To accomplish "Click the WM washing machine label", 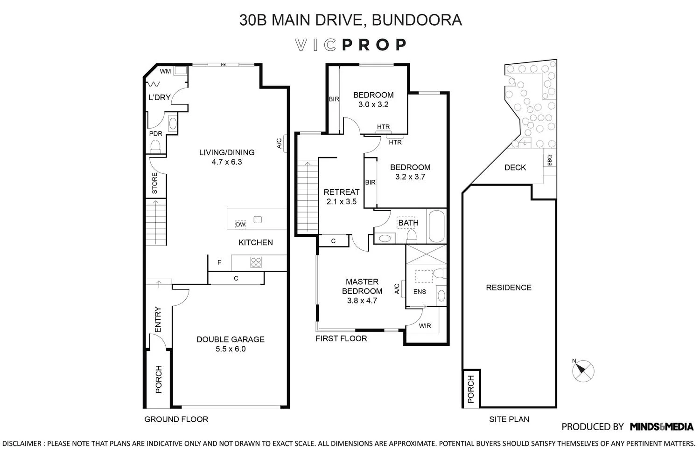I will [x=165, y=71].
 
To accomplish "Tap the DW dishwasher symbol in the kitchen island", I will [x=240, y=225].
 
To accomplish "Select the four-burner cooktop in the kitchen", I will [x=256, y=262].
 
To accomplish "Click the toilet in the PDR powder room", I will [x=155, y=147].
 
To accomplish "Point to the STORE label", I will [x=154, y=184].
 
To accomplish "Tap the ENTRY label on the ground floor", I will [x=158, y=320].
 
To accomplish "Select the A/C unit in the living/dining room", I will [x=280, y=144].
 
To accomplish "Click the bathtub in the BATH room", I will [x=437, y=226].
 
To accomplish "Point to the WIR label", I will [x=425, y=326].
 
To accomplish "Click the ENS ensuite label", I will [x=420, y=292].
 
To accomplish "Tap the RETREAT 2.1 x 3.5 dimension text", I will [x=342, y=202].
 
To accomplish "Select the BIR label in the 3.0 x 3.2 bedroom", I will [x=334, y=99].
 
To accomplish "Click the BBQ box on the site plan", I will [x=549, y=160].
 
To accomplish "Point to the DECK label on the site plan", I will [x=515, y=167].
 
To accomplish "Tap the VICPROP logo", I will [x=351, y=45].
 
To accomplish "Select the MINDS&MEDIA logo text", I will [x=661, y=426].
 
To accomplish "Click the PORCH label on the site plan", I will [x=470, y=389].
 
